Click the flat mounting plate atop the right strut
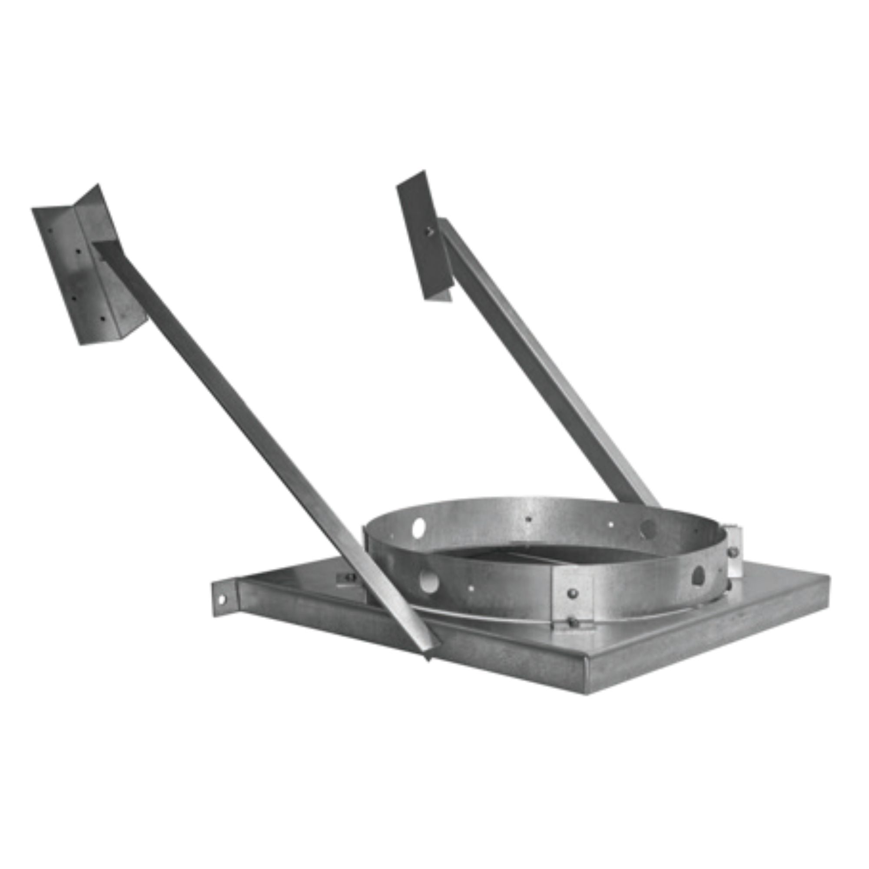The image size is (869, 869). (x=423, y=234)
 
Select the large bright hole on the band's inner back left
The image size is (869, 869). (x=418, y=525)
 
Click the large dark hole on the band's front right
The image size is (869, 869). (x=698, y=575)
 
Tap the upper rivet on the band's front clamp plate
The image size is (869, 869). (x=572, y=594)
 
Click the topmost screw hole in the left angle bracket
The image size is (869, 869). (x=51, y=231)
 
